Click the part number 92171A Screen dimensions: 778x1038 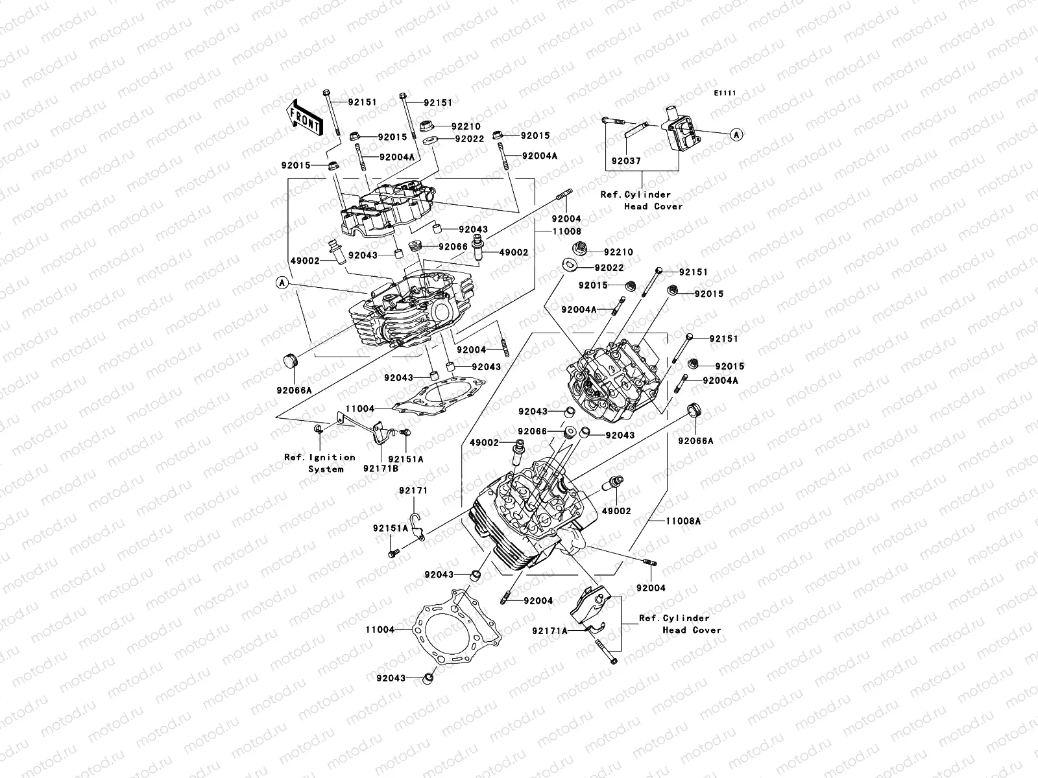click(549, 630)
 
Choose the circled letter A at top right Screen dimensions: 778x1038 click(736, 135)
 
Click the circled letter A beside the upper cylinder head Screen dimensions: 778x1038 click(282, 283)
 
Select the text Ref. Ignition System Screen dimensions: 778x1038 click(319, 463)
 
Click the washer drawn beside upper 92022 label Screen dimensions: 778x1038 click(429, 139)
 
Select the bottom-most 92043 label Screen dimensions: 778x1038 click(390, 678)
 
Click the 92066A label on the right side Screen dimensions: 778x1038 click(695, 441)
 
